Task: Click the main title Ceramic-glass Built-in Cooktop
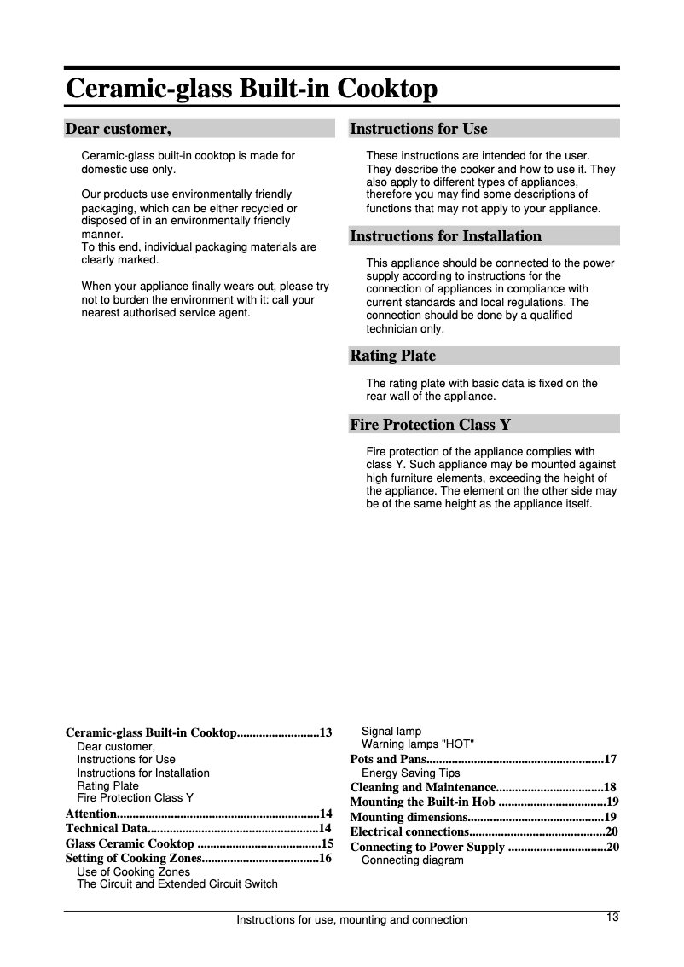(252, 89)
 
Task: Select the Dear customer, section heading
(118, 129)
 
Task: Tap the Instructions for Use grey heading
(418, 129)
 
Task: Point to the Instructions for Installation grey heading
(445, 236)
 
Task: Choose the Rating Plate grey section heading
(392, 356)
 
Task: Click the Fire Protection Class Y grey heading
(430, 425)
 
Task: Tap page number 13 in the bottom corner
(612, 918)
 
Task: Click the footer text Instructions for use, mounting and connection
(351, 920)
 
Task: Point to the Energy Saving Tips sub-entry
(410, 773)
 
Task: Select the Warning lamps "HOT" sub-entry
(418, 744)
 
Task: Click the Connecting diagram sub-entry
(412, 860)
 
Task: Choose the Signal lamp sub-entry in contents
(391, 732)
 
